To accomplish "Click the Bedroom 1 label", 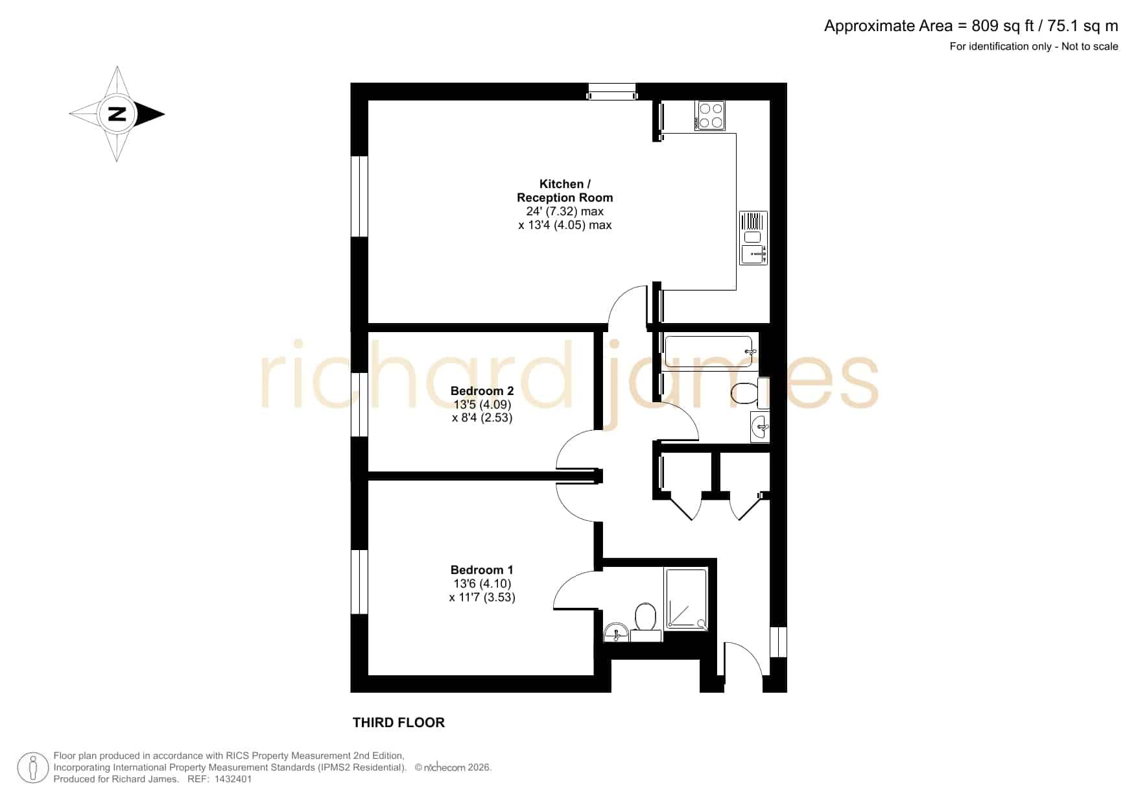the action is click(x=482, y=570).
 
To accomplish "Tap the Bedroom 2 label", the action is click(x=482, y=391).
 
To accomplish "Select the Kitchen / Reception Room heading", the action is click(x=565, y=191).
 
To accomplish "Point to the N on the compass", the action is click(x=117, y=114).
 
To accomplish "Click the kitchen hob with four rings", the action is click(x=710, y=115).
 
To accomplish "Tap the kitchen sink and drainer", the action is click(x=754, y=237).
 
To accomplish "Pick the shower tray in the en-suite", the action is click(x=686, y=599).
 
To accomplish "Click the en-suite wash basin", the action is click(x=616, y=632).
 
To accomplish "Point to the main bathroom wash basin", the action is click(x=760, y=427).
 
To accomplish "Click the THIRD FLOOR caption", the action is click(x=399, y=723).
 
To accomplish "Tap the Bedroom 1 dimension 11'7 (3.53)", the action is click(x=482, y=597).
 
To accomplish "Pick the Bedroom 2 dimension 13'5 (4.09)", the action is click(x=482, y=405).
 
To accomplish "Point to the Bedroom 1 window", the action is click(x=359, y=582).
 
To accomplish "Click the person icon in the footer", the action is click(x=33, y=768).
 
